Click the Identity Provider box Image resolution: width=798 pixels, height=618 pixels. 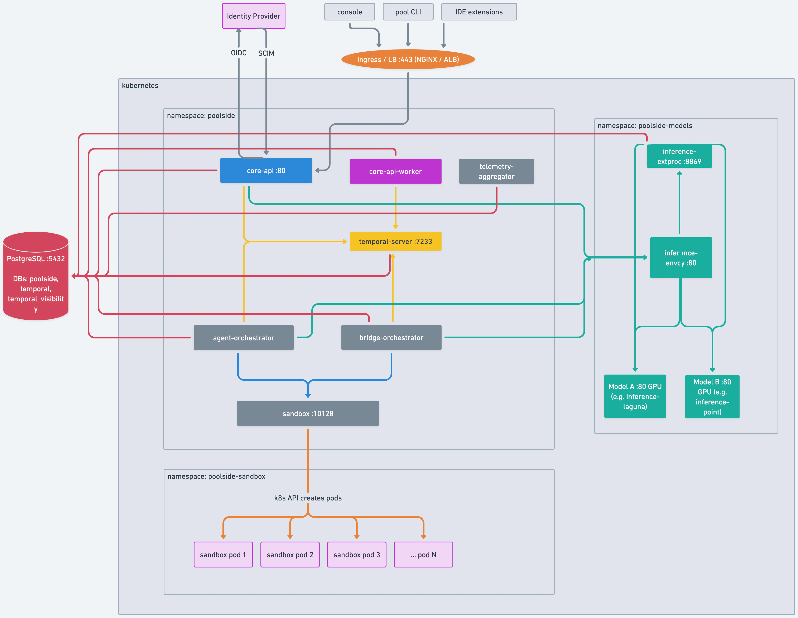[x=254, y=16]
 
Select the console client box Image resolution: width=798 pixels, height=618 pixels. [x=349, y=12]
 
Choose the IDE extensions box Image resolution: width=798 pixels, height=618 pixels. [x=479, y=12]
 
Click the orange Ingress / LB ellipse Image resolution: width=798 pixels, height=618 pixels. [x=408, y=60]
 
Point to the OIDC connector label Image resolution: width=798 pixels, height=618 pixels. [x=239, y=53]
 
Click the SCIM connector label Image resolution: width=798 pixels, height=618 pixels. [x=266, y=53]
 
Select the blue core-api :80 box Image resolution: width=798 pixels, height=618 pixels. [x=266, y=171]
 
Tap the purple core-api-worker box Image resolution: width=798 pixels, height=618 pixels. [x=395, y=171]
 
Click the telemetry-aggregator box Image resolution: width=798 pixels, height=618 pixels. [x=496, y=171]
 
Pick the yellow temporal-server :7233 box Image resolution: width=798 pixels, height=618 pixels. [x=395, y=242]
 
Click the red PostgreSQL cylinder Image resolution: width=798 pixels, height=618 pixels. [x=36, y=278]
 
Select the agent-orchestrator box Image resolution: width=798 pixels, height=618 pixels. [x=243, y=338]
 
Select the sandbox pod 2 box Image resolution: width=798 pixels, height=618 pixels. [x=290, y=555]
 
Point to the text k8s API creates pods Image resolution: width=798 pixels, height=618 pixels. [x=308, y=498]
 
